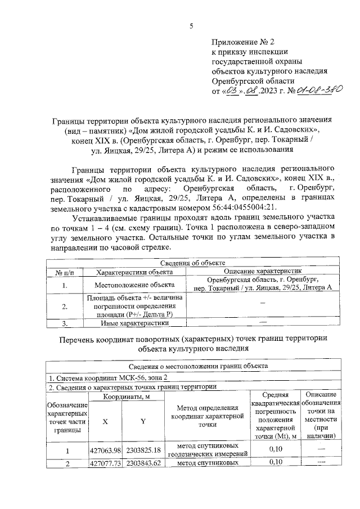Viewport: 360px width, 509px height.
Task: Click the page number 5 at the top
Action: (x=191, y=25)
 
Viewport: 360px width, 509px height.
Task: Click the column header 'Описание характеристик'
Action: (x=263, y=272)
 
